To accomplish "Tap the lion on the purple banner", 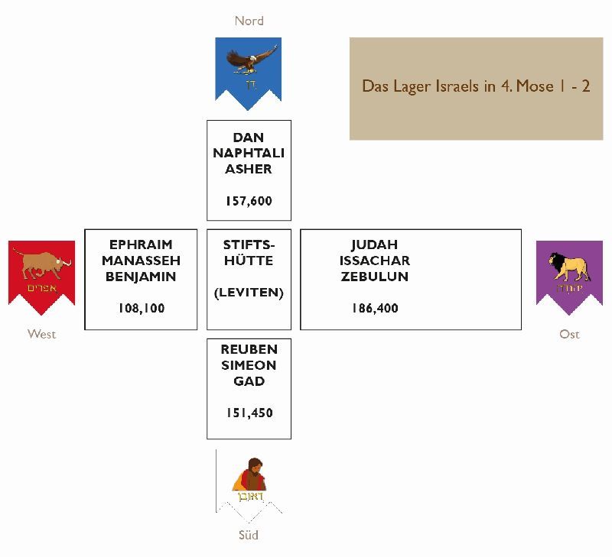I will coord(568,267).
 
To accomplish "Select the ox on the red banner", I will coord(43,264).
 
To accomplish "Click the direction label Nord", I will coord(249,21).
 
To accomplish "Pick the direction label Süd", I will coord(249,535).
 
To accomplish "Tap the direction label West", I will coord(41,334).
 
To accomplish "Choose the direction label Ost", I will coord(569,334).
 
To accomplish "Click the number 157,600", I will coord(249,202).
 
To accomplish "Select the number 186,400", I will coord(375,309).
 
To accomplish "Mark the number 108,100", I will coord(141,309).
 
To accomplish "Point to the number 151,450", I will coord(249,413).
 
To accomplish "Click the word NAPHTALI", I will coord(249,154).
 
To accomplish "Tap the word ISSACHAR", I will coord(375,261).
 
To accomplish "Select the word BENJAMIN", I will coord(141,277).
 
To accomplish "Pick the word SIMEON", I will coord(249,365).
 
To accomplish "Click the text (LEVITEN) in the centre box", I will coord(249,293).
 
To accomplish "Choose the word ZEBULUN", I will coord(375,277).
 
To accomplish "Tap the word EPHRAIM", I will coord(141,244).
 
